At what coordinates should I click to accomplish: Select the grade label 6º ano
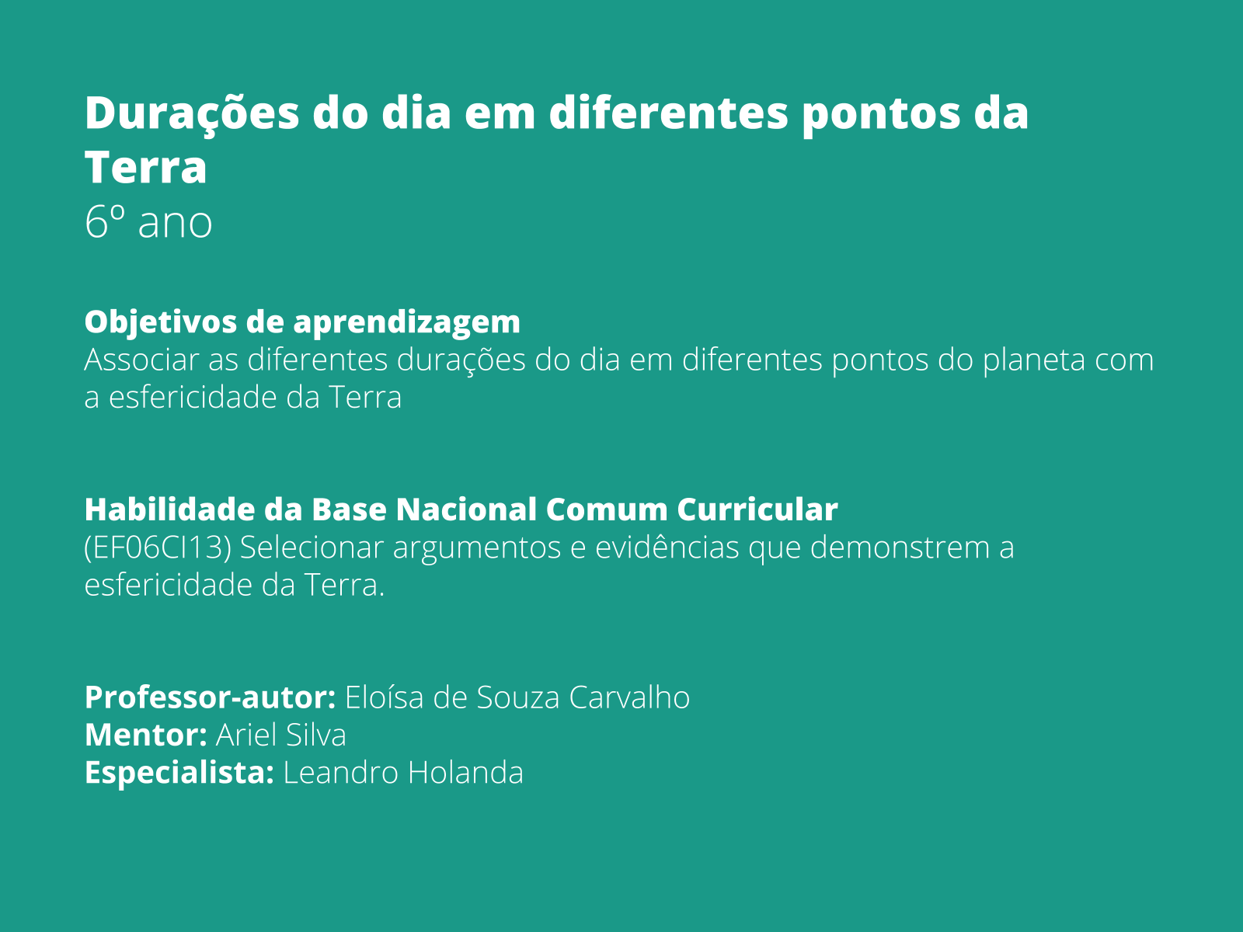[148, 222]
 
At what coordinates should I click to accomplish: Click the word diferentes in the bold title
[669, 113]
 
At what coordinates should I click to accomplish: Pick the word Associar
[141, 360]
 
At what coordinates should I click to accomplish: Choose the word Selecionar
[312, 548]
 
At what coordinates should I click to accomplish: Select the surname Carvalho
[629, 697]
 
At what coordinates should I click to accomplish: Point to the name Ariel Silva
[280, 735]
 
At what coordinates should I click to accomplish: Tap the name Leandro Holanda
[403, 773]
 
